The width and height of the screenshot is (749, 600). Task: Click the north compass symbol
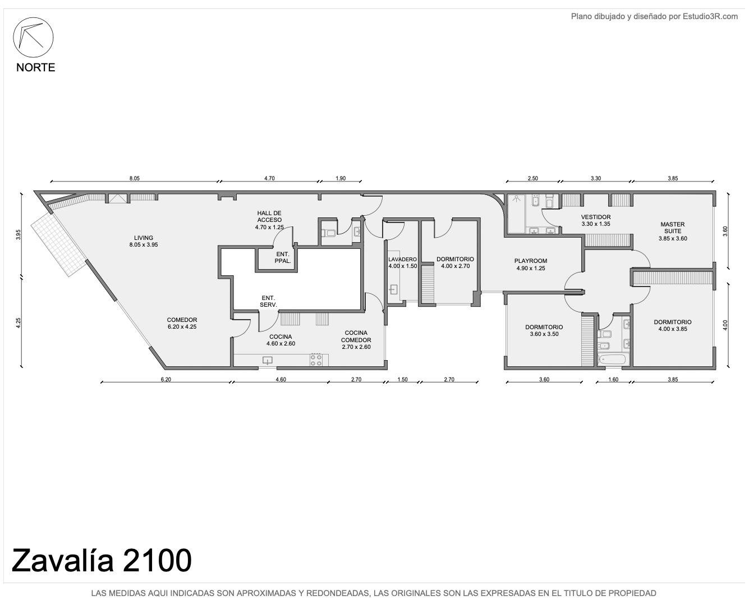tap(33, 37)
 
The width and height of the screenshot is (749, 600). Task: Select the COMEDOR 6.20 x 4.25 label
tap(182, 323)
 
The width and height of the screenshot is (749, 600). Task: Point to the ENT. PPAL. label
tap(283, 257)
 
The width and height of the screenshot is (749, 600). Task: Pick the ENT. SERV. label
tap(268, 301)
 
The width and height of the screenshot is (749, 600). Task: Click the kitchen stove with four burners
tap(316, 360)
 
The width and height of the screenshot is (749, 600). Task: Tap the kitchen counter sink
tap(267, 360)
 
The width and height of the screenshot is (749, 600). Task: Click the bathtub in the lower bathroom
tap(612, 360)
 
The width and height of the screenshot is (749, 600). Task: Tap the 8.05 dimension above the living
tap(134, 178)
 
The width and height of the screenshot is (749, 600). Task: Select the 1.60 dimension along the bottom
tap(613, 379)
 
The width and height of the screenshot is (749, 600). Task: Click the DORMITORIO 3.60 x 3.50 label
tap(544, 330)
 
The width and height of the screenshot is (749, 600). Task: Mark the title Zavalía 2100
tap(102, 560)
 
